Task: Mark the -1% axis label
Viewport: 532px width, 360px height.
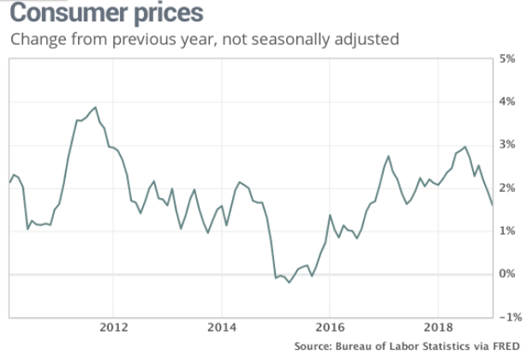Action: coord(511,317)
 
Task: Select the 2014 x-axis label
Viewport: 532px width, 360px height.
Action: coord(221,327)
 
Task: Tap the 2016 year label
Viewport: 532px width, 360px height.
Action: coord(330,327)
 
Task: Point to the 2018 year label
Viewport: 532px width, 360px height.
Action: coord(438,327)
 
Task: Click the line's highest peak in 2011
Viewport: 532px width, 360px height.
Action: coord(95,107)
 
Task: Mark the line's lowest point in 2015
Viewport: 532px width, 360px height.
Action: coord(290,283)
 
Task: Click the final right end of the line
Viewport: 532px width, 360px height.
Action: coord(492,205)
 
